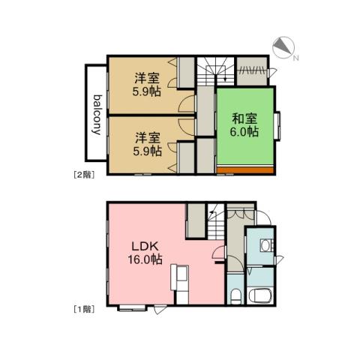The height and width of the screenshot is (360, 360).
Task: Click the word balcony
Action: pos(97,113)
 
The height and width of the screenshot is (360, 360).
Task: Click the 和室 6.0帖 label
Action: pos(244,124)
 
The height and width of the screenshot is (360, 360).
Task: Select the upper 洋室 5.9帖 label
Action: pos(147,84)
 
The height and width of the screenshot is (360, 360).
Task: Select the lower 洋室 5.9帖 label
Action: pos(147,143)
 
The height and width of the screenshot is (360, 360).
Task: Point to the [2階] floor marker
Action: pos(82,175)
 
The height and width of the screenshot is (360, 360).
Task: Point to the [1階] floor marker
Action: pos(82,309)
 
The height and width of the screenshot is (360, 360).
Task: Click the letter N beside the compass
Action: pos(295,57)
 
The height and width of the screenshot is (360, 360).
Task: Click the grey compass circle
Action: pos(282,48)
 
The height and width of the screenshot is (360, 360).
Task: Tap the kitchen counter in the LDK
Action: pos(180,283)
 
